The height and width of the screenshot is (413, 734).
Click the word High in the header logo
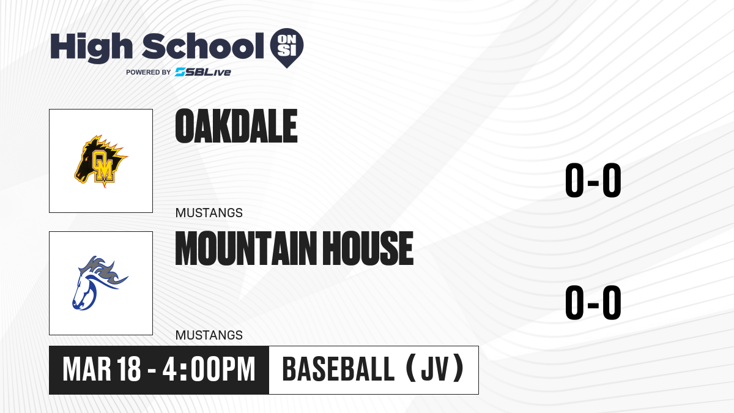(x=92, y=48)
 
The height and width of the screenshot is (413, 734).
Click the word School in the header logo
(x=203, y=46)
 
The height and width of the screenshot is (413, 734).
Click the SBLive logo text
(x=203, y=72)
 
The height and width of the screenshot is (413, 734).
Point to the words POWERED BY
(x=149, y=72)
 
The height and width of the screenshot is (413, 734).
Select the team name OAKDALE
(x=236, y=126)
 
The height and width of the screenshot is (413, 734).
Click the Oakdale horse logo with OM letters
(x=100, y=161)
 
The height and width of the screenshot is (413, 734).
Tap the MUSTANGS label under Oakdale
(x=209, y=213)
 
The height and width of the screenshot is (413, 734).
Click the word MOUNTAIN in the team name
(x=247, y=248)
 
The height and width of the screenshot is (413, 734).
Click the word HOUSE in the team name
(x=368, y=248)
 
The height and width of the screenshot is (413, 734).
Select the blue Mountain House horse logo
(x=100, y=283)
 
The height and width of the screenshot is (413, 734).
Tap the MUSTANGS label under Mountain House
(x=209, y=335)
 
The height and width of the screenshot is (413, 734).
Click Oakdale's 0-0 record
(x=593, y=180)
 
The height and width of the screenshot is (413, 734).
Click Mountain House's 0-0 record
(x=593, y=302)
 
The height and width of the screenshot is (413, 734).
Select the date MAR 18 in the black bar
(x=102, y=370)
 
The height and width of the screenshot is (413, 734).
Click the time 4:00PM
(x=209, y=370)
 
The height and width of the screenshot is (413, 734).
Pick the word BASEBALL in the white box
(x=338, y=370)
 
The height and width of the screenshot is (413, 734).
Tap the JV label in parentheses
(x=435, y=370)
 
